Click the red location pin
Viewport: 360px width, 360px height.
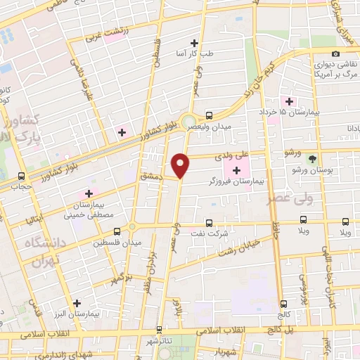[x=181, y=165]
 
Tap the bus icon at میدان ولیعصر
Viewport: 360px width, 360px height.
[x=209, y=115]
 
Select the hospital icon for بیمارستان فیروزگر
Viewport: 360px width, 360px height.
[x=237, y=169]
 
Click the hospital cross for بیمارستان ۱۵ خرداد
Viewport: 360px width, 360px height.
[x=289, y=101]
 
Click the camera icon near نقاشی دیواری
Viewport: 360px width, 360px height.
[x=335, y=54]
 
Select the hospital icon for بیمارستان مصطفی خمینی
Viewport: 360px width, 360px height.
[x=89, y=193]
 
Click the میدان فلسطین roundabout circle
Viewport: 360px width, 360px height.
[x=133, y=228]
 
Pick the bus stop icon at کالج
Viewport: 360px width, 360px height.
[x=284, y=304]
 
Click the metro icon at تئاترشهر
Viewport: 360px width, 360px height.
[x=160, y=328]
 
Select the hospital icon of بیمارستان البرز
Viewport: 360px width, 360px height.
[x=77, y=303]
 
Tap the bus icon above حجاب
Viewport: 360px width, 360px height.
[x=21, y=176]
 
